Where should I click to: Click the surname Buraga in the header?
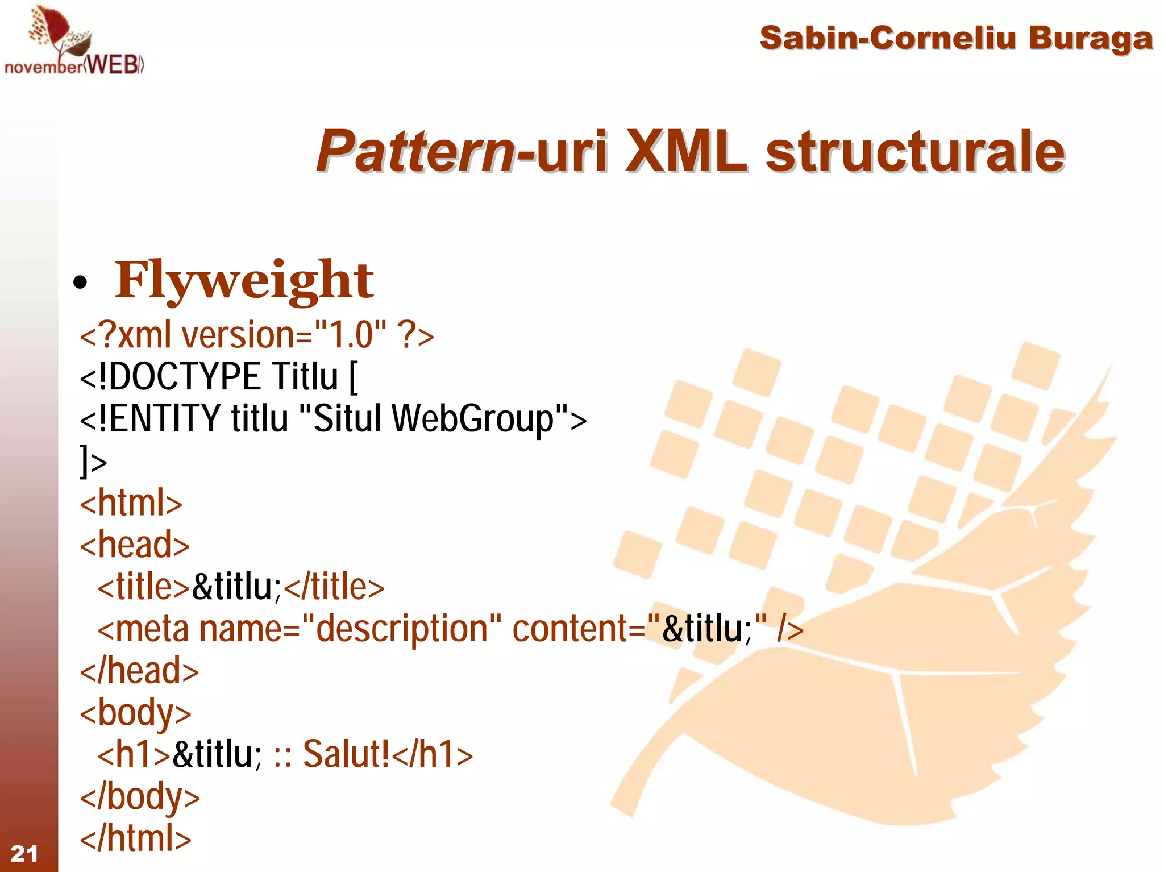[x=1090, y=39]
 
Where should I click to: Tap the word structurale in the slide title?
[x=915, y=151]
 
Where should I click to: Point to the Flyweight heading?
[x=244, y=280]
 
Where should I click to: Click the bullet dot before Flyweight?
[x=80, y=283]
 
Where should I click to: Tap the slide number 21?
[x=24, y=853]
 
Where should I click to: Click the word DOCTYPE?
[x=185, y=376]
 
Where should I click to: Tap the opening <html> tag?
[x=131, y=503]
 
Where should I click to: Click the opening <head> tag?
[x=135, y=545]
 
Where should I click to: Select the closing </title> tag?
[x=334, y=587]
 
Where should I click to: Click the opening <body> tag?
[x=135, y=713]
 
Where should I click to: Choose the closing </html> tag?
[x=135, y=838]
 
